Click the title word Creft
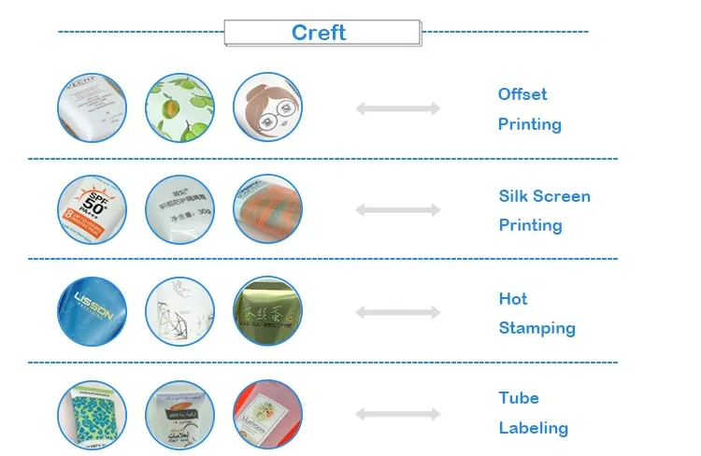pos(319,33)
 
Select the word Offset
pos(522,94)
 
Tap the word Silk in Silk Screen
pos(514,196)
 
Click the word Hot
pos(513,299)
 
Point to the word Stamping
pos(536,328)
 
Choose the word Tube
pos(519,398)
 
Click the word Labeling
pos(533,428)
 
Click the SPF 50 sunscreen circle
pos(92,210)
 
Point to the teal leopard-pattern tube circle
pos(92,415)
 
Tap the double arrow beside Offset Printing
pos(397,109)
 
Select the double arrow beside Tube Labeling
pos(397,414)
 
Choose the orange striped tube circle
pos(267,210)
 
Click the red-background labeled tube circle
pos(267,415)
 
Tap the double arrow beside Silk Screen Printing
pos(397,211)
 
